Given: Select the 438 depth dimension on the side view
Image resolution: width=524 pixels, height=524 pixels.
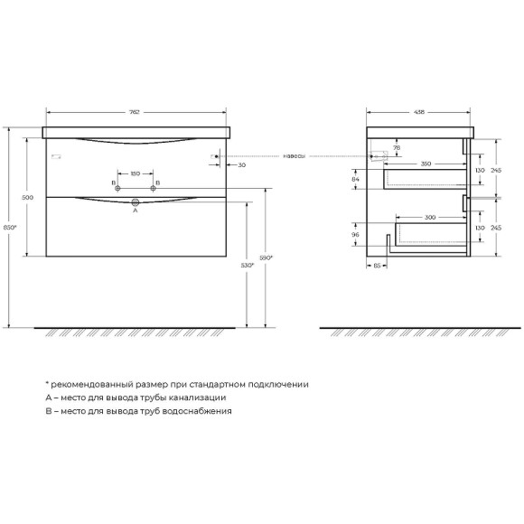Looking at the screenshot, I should point(419,113).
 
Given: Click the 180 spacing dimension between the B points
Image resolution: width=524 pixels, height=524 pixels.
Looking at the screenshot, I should point(135,173).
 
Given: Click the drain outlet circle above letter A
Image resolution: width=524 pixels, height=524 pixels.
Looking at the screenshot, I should point(136,202).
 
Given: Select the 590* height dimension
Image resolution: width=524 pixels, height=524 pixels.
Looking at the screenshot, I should point(267,258).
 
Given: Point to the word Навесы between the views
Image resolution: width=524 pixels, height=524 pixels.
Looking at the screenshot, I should point(294,156).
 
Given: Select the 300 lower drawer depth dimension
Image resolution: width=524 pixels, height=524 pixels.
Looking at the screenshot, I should point(431,218).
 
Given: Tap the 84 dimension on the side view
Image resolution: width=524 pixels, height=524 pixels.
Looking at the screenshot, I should point(355,180).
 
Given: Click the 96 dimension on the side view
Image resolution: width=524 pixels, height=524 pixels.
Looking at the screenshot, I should point(355,235).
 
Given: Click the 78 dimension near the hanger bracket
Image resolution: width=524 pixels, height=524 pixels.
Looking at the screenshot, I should point(396,147).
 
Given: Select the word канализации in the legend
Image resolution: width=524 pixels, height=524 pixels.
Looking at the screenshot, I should point(191,397).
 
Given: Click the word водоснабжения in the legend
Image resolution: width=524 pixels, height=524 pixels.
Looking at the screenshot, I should point(194,410).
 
